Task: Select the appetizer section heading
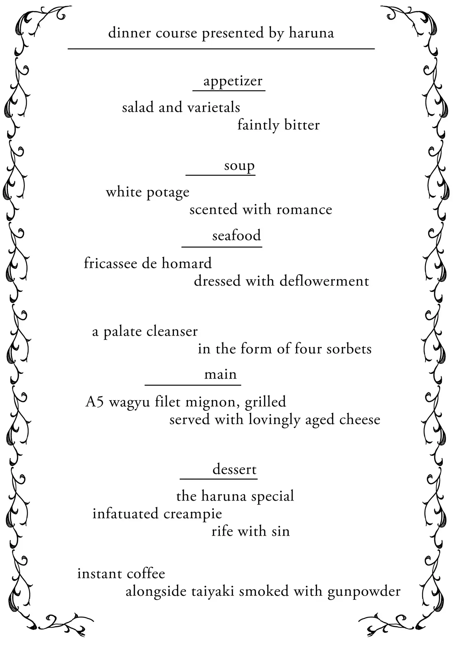coord(233,81)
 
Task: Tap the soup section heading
coord(239,166)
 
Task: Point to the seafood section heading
coord(236,236)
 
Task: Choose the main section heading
coord(221,374)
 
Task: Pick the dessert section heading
coord(235,469)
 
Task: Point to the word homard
coord(186,264)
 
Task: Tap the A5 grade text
coord(95,402)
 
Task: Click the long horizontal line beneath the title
coord(221,48)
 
